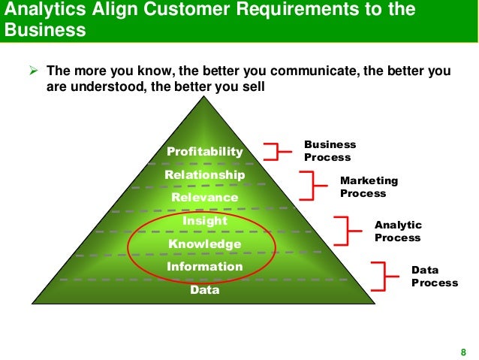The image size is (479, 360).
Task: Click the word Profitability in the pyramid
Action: (x=205, y=152)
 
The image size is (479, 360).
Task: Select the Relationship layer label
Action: (x=205, y=174)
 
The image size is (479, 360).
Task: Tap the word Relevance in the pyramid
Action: (x=205, y=197)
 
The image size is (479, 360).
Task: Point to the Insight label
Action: (x=205, y=220)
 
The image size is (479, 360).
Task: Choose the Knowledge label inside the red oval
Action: (x=205, y=244)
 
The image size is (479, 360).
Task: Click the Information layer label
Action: (x=205, y=267)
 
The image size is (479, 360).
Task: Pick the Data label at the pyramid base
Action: (x=205, y=289)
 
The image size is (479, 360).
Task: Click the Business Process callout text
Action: (x=330, y=151)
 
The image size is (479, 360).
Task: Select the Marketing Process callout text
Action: (x=369, y=187)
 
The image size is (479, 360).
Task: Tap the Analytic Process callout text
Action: (x=398, y=231)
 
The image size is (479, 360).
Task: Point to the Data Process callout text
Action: (x=434, y=277)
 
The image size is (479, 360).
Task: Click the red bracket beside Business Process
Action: (x=277, y=150)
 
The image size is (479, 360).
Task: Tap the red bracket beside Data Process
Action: (x=380, y=276)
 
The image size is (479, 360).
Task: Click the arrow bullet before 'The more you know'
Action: (x=32, y=72)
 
